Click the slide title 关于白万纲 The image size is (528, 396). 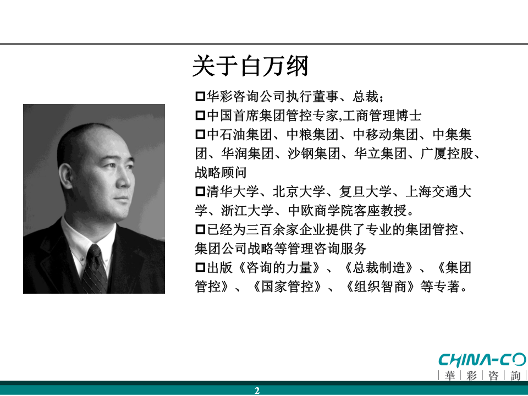(x=250, y=66)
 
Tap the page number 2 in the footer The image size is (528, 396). (x=257, y=391)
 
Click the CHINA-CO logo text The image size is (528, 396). (x=482, y=360)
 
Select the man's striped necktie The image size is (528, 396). (x=95, y=268)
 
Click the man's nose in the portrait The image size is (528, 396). (x=125, y=182)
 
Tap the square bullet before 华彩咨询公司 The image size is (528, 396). (x=200, y=97)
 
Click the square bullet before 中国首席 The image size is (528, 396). (x=200, y=116)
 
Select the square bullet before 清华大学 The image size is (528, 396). (x=200, y=191)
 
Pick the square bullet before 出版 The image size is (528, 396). (x=200, y=268)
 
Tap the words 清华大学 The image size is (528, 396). (x=232, y=191)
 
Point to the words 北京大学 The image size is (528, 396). (x=299, y=191)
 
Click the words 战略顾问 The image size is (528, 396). (x=221, y=172)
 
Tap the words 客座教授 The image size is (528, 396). (x=381, y=211)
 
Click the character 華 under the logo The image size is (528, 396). (x=449, y=375)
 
